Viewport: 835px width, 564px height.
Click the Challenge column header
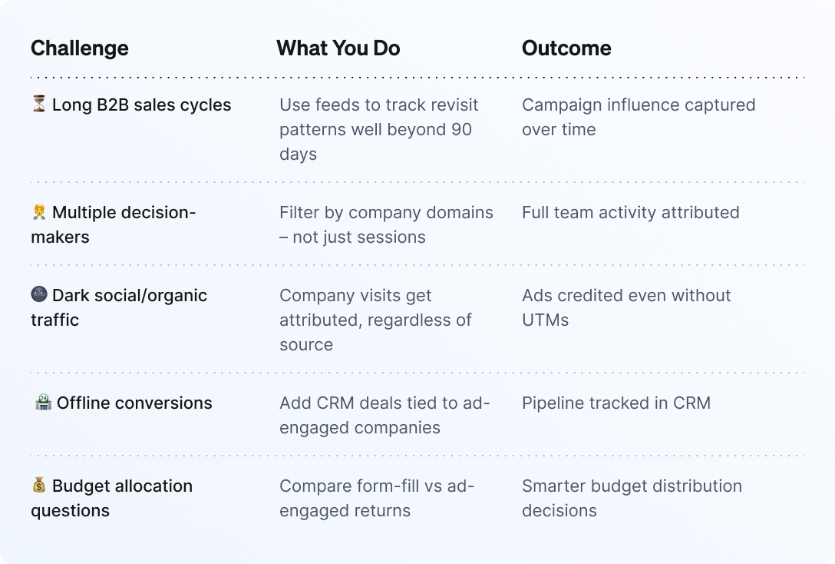point(79,48)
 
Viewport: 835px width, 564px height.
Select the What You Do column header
point(338,48)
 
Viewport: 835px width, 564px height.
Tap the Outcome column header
point(566,48)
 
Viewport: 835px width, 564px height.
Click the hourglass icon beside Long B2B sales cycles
point(39,104)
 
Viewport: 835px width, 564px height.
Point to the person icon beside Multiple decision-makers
point(39,211)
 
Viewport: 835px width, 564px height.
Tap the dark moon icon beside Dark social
point(39,294)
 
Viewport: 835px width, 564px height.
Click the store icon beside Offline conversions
point(43,402)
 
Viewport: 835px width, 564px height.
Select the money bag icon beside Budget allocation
point(39,485)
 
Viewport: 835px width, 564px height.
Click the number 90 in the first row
point(460,130)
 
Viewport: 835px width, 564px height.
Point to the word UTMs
point(546,320)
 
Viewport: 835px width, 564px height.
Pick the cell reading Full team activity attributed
point(631,213)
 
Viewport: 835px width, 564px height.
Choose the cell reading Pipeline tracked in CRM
point(616,403)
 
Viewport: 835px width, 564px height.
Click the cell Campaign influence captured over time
point(639,118)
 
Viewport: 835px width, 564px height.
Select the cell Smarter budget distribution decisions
point(632,499)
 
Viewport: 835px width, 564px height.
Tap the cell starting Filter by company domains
point(386,225)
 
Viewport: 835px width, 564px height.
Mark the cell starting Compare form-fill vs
point(377,499)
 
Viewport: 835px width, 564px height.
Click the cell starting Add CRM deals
point(384,415)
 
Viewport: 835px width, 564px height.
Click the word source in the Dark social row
point(306,345)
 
